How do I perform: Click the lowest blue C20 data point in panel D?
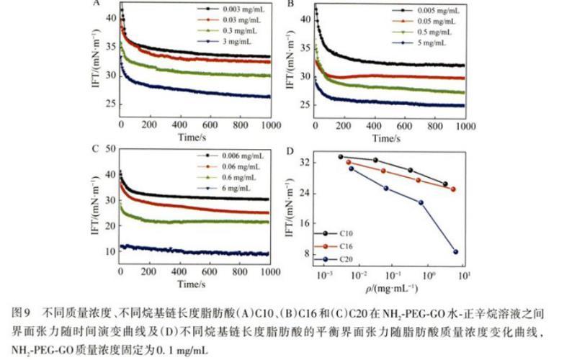456,252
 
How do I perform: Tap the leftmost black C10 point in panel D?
341,156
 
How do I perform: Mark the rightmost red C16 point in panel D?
453,189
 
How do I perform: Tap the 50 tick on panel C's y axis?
110,148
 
